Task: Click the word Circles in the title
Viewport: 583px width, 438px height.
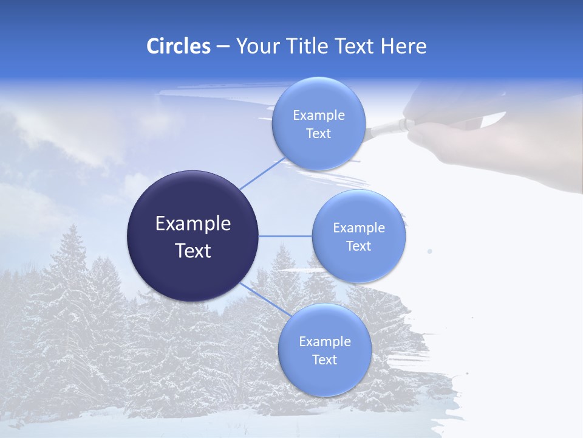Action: click(179, 46)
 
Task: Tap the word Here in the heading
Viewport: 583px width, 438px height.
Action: click(403, 46)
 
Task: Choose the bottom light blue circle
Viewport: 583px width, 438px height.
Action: click(324, 377)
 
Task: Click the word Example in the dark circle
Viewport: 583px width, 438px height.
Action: click(193, 223)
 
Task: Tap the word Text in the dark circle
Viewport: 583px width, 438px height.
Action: click(193, 251)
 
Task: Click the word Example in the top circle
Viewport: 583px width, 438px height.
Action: click(318, 115)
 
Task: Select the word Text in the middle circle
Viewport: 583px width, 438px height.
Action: click(358, 246)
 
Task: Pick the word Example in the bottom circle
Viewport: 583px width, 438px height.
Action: click(324, 341)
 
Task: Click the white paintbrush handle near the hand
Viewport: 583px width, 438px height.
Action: click(389, 127)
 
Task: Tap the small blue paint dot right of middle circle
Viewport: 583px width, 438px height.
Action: click(430, 251)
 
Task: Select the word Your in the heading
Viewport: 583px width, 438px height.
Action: click(256, 46)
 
